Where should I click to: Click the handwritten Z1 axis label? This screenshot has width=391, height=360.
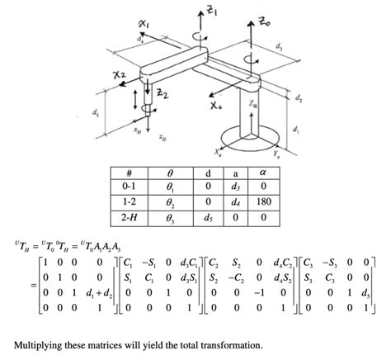[212, 12]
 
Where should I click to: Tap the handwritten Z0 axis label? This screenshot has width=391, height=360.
[264, 21]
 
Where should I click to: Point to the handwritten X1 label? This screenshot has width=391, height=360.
[144, 24]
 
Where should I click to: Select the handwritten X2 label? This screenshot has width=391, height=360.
[120, 74]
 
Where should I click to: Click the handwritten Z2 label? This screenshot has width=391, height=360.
[163, 94]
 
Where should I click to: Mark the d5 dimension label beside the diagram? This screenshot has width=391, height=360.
[95, 112]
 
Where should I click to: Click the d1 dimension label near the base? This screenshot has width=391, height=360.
[295, 129]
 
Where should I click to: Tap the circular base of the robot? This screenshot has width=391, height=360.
[251, 139]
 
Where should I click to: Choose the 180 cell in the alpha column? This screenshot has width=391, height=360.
[264, 201]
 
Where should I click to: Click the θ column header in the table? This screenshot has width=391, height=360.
[171, 173]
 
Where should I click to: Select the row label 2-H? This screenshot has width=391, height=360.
[129, 217]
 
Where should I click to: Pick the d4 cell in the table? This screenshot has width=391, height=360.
[235, 202]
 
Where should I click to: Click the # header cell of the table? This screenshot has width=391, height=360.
[129, 173]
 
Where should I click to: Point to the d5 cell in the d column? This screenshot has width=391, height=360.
[208, 218]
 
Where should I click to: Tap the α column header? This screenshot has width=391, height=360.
[263, 173]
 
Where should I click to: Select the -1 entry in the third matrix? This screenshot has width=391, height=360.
[259, 292]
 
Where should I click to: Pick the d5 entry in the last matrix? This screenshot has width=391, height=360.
[366, 293]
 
